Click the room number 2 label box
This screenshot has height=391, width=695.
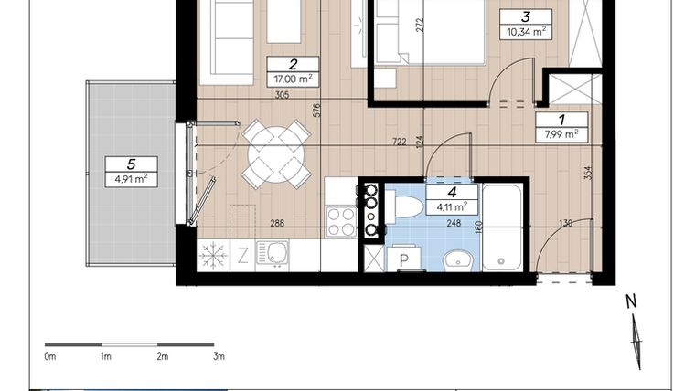292,64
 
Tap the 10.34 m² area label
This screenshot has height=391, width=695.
525,31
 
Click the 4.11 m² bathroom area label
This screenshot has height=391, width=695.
450,206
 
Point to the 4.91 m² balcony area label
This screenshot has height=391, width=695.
131,179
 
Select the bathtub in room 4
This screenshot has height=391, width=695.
501,227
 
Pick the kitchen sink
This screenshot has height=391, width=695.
273,253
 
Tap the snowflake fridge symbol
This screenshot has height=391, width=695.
212,254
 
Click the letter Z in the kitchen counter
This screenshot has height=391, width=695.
243,255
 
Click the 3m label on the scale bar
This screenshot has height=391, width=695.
218,356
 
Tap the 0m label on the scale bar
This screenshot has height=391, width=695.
51,356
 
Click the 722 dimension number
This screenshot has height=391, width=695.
399,142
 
